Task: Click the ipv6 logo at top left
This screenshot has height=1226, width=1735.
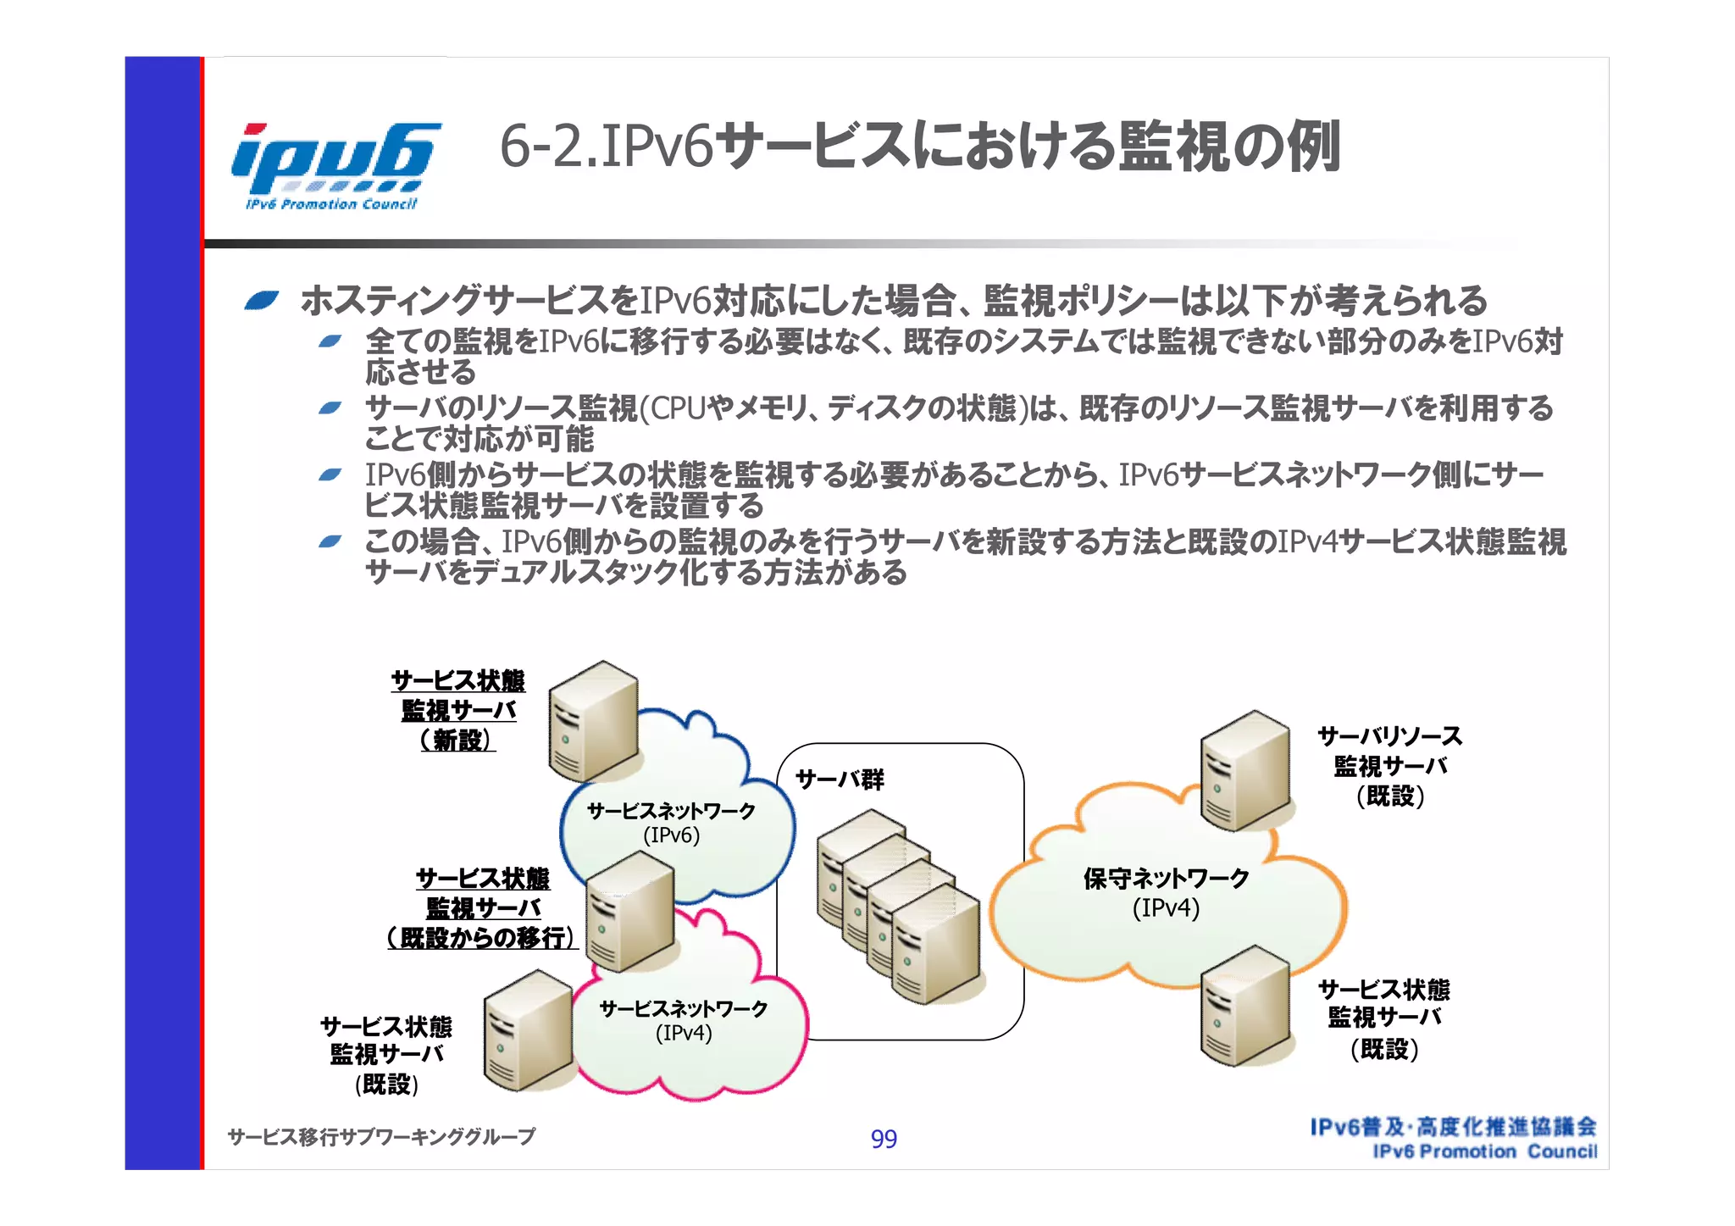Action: click(335, 165)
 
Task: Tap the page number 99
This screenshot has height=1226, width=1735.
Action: click(884, 1139)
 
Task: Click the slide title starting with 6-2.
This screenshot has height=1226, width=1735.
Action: click(919, 147)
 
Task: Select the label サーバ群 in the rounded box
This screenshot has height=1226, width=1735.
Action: click(840, 779)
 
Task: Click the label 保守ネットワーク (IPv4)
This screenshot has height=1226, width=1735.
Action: click(1166, 893)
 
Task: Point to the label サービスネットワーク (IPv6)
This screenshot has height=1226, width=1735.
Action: click(671, 823)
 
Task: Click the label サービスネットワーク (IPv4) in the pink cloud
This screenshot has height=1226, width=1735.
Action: click(683, 1020)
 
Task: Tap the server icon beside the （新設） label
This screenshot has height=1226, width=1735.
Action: click(592, 721)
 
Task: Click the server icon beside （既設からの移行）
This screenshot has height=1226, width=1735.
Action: click(630, 911)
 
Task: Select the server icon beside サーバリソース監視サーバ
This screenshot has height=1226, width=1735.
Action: click(1244, 770)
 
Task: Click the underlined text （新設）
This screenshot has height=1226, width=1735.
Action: click(457, 741)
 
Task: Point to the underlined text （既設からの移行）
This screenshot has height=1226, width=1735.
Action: click(483, 938)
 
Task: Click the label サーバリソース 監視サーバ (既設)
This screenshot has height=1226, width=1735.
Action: click(1389, 766)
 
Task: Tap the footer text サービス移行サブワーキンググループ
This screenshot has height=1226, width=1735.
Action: click(381, 1136)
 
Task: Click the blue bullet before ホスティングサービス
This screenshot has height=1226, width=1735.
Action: click(261, 300)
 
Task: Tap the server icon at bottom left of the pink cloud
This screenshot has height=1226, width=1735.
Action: click(527, 1030)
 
